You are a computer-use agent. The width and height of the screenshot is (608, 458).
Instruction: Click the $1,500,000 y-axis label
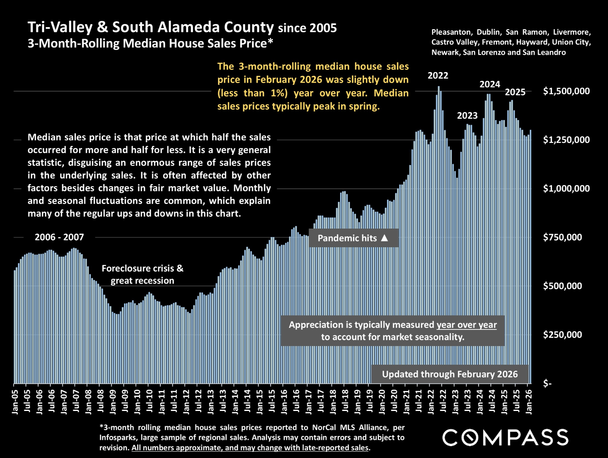[566, 91]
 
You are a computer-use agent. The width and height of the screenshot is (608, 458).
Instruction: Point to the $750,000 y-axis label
[562, 237]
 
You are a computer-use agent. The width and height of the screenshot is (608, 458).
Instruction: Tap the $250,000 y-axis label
[562, 335]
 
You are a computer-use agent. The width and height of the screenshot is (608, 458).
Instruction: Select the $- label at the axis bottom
[547, 384]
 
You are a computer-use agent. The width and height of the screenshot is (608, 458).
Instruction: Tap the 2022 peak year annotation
[438, 75]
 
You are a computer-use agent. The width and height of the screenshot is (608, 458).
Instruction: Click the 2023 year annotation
[467, 115]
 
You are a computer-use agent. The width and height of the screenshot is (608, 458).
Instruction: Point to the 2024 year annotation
[490, 84]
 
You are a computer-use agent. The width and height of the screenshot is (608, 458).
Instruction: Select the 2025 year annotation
[515, 92]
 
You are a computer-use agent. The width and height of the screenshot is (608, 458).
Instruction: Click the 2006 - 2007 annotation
[59, 237]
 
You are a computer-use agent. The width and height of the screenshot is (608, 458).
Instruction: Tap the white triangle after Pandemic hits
[384, 237]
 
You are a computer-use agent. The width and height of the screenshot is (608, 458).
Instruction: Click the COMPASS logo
[505, 438]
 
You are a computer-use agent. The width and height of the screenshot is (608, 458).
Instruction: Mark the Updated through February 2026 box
[450, 374]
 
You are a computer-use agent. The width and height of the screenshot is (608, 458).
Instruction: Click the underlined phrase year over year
[466, 325]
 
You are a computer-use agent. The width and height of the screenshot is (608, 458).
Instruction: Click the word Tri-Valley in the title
[60, 27]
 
